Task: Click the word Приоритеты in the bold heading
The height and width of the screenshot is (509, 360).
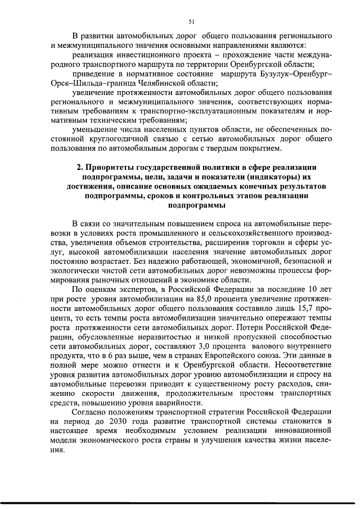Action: (112, 168)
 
